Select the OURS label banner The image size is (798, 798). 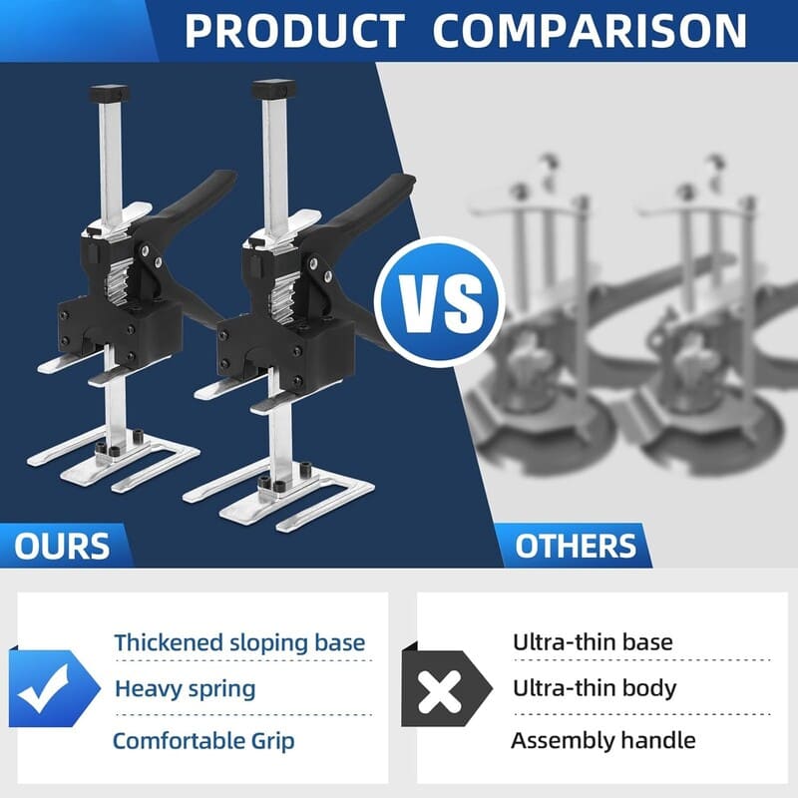click(x=62, y=546)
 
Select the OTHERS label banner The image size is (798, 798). click(x=576, y=546)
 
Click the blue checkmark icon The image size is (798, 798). click(x=50, y=688)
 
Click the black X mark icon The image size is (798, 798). click(x=439, y=688)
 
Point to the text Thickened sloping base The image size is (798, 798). click(x=239, y=642)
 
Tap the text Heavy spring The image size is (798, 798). click(x=185, y=688)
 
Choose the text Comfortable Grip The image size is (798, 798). click(x=203, y=740)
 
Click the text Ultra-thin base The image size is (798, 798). click(x=593, y=642)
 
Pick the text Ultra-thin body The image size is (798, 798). click(x=595, y=688)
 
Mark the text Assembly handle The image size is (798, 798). click(x=602, y=740)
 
